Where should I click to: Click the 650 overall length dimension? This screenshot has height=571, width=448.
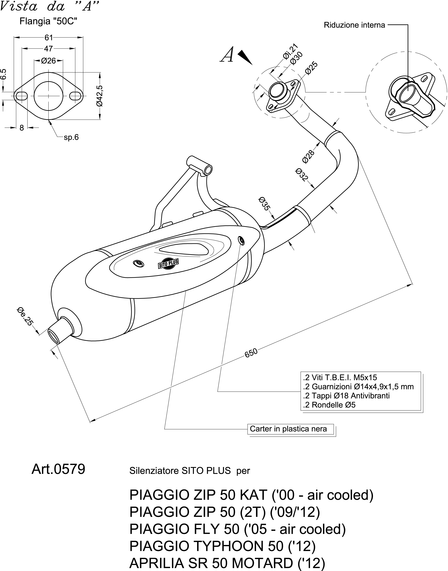pyautogui.click(x=251, y=353)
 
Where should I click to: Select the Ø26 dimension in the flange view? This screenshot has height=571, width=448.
pyautogui.click(x=48, y=61)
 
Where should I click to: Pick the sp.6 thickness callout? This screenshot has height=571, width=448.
pyautogui.click(x=71, y=137)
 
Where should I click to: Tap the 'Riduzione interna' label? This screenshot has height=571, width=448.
pyautogui.click(x=354, y=25)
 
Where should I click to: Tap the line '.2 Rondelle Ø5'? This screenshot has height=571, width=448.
pyautogui.click(x=329, y=405)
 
